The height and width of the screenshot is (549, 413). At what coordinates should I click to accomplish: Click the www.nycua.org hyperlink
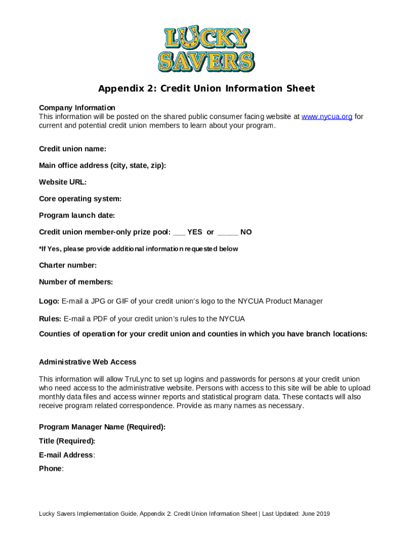[x=327, y=117]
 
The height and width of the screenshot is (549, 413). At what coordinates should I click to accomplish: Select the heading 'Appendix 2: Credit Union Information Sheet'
[x=206, y=88]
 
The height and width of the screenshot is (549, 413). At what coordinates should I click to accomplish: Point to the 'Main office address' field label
[x=102, y=166]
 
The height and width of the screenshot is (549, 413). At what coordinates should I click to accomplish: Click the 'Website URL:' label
[x=63, y=182]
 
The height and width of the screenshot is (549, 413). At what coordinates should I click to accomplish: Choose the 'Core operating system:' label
[x=80, y=199]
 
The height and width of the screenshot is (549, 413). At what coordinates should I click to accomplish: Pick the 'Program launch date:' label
[x=77, y=216]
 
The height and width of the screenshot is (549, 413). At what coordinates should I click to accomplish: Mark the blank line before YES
[x=179, y=233]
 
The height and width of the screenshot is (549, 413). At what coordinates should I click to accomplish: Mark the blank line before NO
[x=228, y=233]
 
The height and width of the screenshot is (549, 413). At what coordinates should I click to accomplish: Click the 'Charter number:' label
[x=68, y=265]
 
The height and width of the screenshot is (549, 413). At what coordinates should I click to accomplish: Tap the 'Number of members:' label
[x=76, y=282]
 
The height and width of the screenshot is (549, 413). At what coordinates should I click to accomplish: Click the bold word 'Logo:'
[x=49, y=301]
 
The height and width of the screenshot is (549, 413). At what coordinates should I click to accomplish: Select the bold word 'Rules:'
[x=50, y=319]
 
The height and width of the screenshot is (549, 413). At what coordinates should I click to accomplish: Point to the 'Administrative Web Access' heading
[x=88, y=362]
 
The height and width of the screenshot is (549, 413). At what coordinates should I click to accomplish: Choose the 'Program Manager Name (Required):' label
[x=102, y=427]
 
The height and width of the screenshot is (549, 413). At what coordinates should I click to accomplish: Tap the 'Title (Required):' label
[x=68, y=441]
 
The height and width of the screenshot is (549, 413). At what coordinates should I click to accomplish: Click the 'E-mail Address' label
[x=67, y=455]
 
